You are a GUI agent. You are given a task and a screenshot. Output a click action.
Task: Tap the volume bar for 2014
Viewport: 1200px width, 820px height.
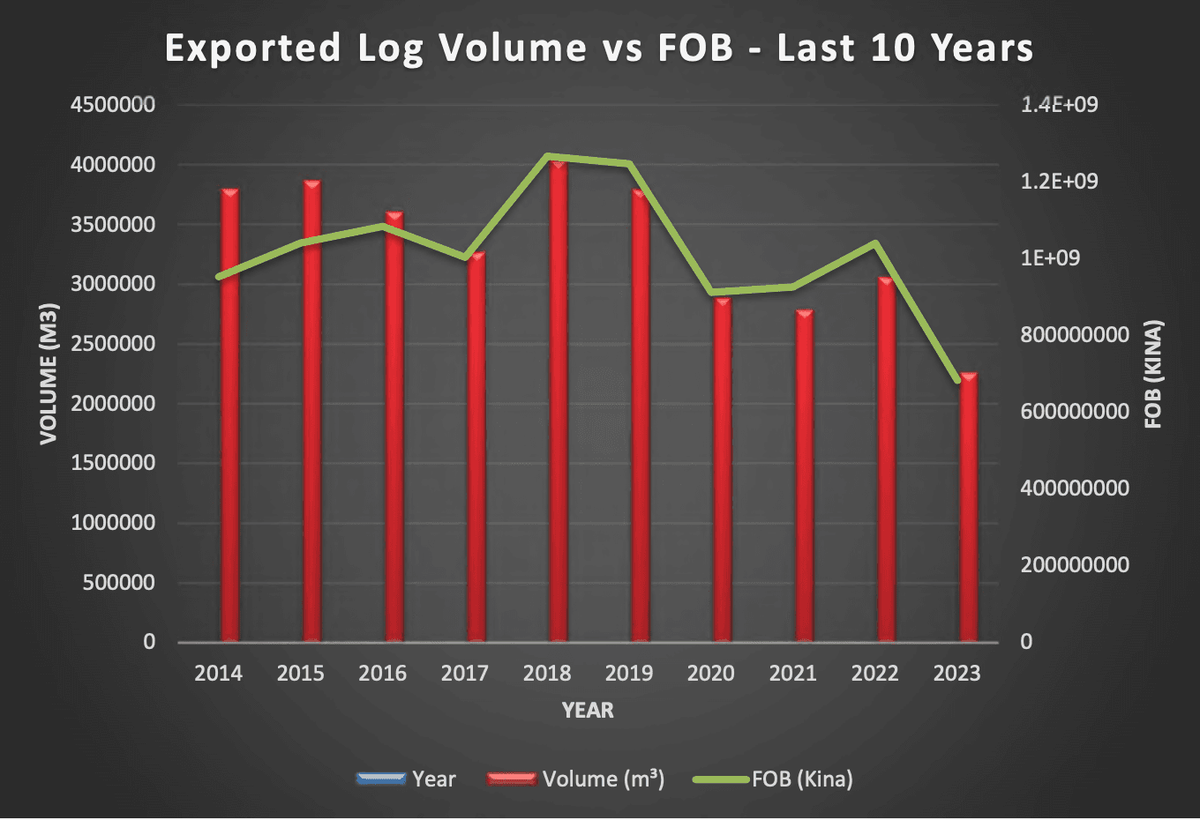point(229,414)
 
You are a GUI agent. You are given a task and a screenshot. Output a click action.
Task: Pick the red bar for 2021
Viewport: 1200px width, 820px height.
point(804,476)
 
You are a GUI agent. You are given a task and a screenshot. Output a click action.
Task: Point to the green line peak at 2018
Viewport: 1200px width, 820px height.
point(548,157)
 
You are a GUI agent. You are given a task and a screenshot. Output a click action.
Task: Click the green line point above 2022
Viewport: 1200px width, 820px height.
point(875,243)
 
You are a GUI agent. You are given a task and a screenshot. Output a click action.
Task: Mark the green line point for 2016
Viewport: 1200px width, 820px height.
point(383,226)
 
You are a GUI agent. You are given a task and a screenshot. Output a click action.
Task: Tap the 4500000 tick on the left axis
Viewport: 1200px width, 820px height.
point(112,105)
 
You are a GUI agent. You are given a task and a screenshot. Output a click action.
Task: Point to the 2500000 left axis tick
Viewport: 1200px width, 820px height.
point(112,344)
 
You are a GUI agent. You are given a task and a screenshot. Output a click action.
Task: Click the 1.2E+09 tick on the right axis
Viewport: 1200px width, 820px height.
point(1059,182)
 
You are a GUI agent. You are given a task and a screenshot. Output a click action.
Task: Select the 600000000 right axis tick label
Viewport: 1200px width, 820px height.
point(1074,412)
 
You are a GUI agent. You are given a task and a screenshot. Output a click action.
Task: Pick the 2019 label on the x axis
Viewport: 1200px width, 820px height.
point(629,674)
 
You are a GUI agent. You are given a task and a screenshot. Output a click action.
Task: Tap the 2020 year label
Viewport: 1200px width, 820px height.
point(711,674)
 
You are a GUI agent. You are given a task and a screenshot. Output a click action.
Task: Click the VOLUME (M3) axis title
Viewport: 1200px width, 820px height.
point(49,374)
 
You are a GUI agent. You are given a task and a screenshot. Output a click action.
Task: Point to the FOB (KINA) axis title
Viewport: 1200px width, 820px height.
point(1153,374)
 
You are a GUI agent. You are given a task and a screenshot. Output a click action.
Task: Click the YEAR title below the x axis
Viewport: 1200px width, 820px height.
point(588,711)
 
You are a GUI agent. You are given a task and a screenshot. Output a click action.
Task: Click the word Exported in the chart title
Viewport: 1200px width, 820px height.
point(252,48)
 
